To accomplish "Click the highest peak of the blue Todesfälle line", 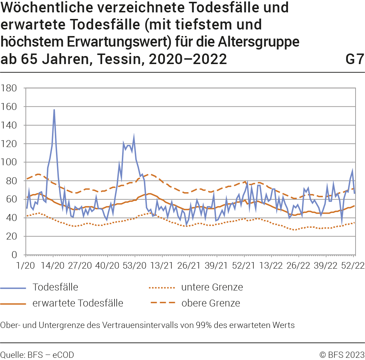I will click(54, 110).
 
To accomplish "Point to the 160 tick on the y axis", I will click(10, 107).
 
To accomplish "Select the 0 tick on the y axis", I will click(15, 255).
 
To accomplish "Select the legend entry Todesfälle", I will click(55, 287).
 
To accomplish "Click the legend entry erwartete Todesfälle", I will click(78, 303).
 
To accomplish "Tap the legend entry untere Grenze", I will click(212, 287).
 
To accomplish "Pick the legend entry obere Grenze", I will click(210, 303).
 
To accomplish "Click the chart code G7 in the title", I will click(354, 59).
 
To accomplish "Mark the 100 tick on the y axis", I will click(10, 162).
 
